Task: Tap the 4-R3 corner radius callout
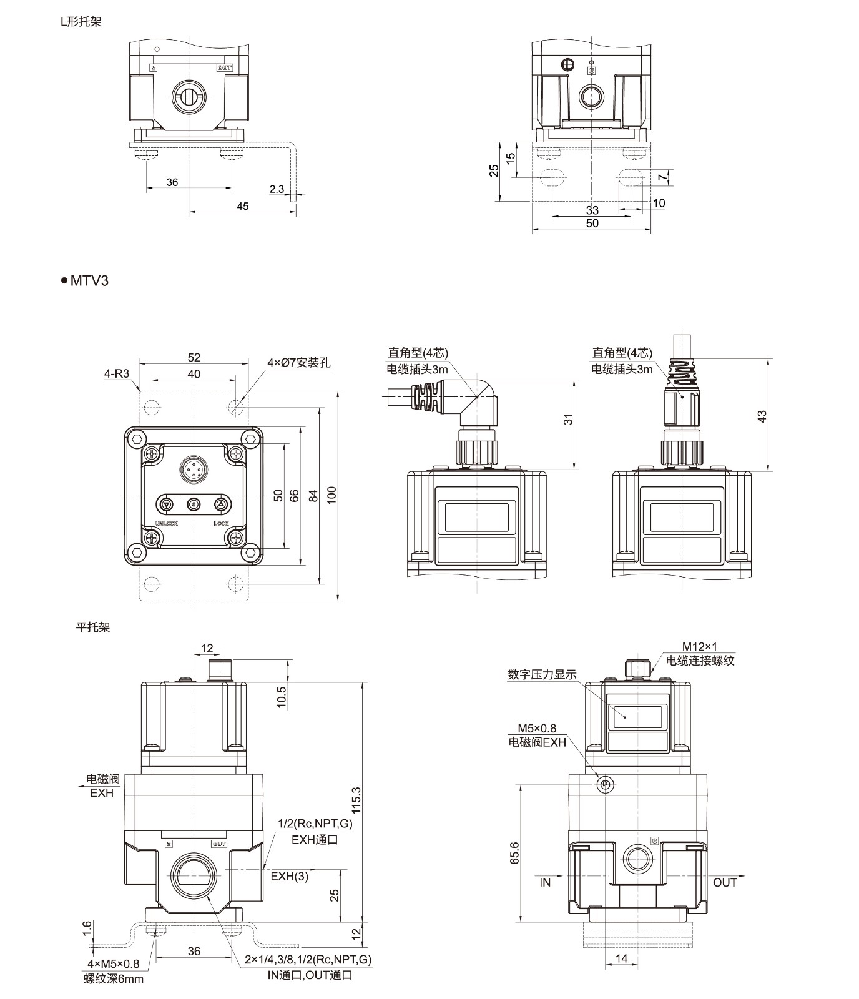pyautogui.click(x=116, y=374)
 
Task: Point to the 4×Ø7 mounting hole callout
pyautogui.click(x=299, y=362)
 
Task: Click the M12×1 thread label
pyautogui.click(x=699, y=646)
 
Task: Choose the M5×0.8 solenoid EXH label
pyautogui.click(x=537, y=728)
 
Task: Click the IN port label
pyautogui.click(x=545, y=882)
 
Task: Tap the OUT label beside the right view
pyautogui.click(x=725, y=882)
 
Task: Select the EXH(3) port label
pyautogui.click(x=289, y=876)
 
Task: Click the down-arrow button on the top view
pyautogui.click(x=166, y=504)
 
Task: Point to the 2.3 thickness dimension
pyautogui.click(x=277, y=189)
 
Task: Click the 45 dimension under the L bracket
pyautogui.click(x=242, y=206)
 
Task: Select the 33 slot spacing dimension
pyautogui.click(x=592, y=210)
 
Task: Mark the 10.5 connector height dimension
pyautogui.click(x=282, y=696)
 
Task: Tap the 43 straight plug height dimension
pyautogui.click(x=762, y=416)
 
